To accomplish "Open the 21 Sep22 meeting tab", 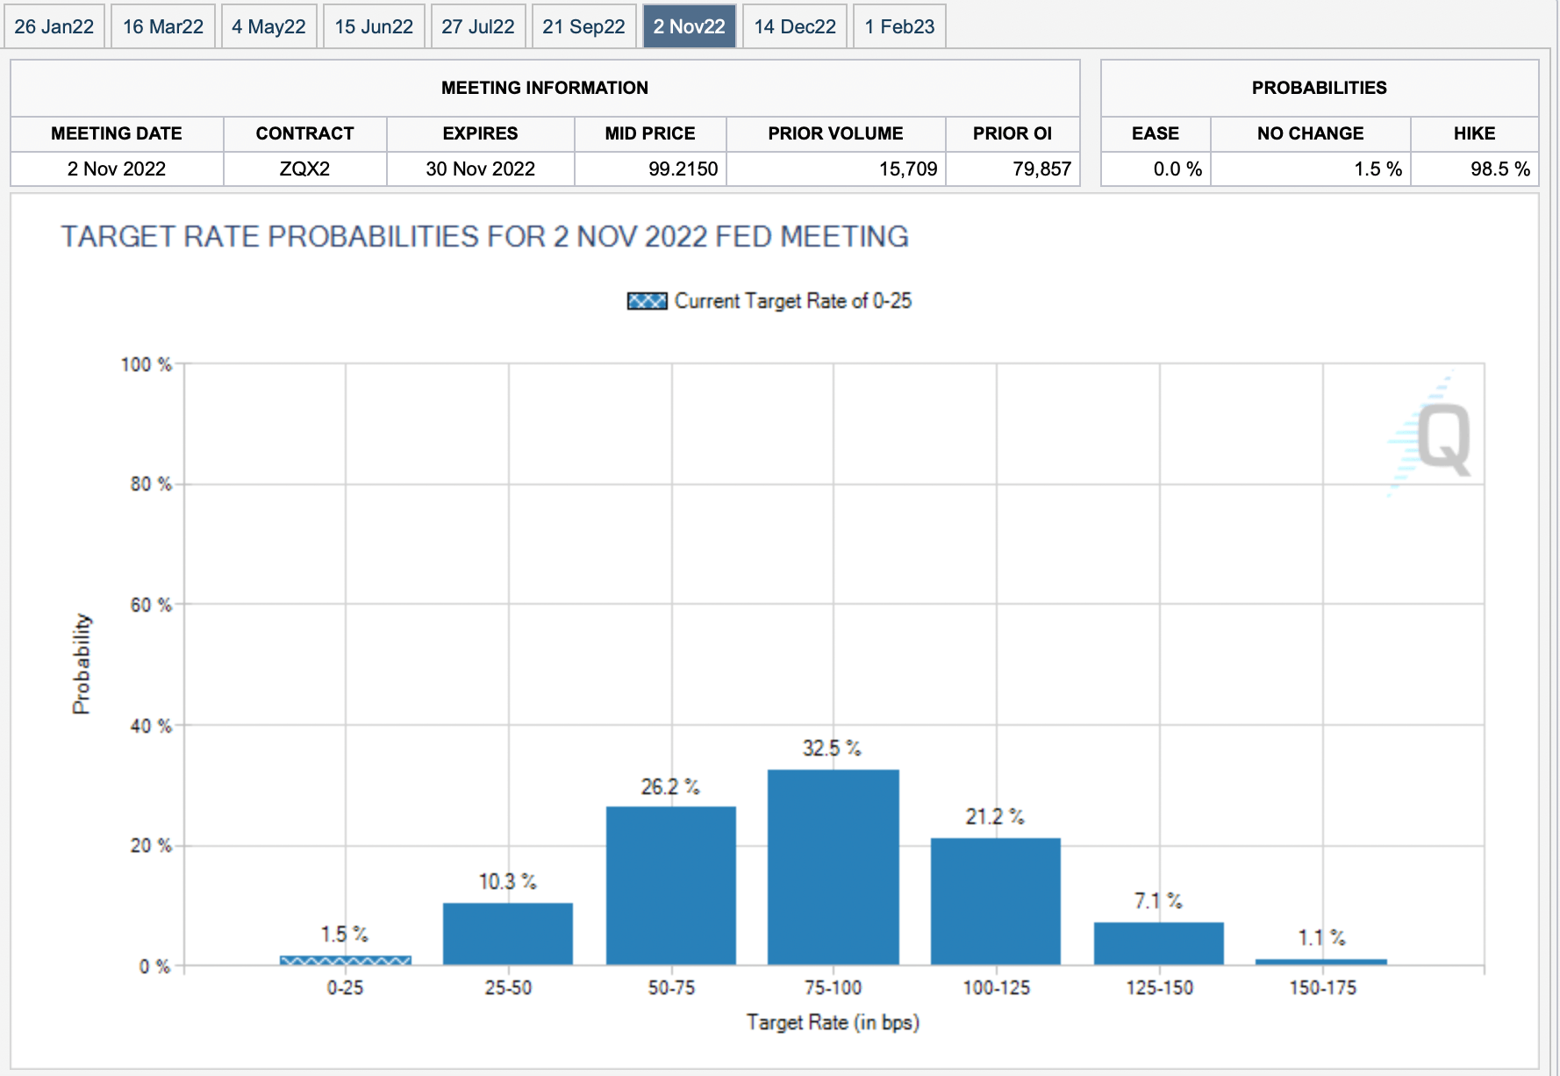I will click(x=583, y=26).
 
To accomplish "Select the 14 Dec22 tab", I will click(x=795, y=26).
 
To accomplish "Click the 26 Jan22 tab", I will click(x=54, y=26).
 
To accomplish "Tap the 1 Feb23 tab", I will click(x=899, y=26).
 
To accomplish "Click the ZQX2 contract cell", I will click(x=304, y=169).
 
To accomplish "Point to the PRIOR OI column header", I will click(x=1012, y=133).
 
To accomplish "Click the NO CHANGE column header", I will click(x=1310, y=133).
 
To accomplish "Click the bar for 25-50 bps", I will click(x=508, y=934).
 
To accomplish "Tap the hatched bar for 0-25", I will click(x=345, y=960).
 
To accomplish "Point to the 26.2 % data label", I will click(x=670, y=786).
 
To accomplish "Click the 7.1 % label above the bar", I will click(x=1158, y=901).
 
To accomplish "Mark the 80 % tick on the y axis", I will click(x=151, y=484).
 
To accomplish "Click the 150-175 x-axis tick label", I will click(x=1322, y=988).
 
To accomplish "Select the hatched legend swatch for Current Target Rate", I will click(x=647, y=301).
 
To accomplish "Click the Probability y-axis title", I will click(x=81, y=664).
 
